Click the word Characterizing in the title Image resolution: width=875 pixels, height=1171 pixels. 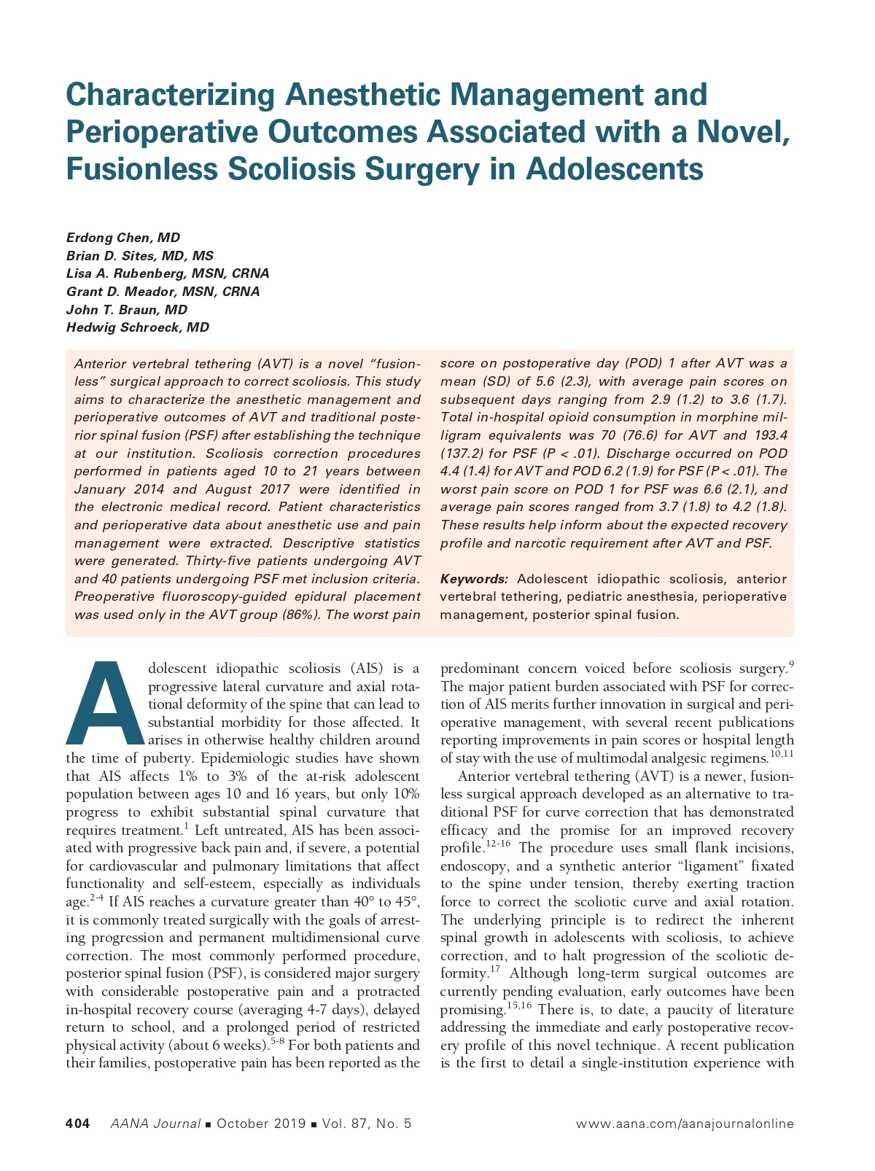169,96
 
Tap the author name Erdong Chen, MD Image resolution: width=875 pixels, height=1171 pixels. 122,238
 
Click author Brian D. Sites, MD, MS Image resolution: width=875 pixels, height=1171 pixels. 140,256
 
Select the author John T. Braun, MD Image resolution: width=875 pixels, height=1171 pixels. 127,310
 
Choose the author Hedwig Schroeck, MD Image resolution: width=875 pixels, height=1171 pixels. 138,327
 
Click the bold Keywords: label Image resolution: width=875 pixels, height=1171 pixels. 474,579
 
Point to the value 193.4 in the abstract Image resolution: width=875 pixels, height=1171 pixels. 771,435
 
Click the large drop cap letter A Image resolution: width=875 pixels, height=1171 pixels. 106,703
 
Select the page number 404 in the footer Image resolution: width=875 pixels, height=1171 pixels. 78,1124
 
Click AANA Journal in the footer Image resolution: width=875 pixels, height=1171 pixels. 155,1124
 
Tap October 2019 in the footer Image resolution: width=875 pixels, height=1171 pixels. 261,1124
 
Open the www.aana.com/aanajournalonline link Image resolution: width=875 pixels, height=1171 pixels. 685,1124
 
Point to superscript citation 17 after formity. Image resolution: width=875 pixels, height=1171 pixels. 495,969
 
